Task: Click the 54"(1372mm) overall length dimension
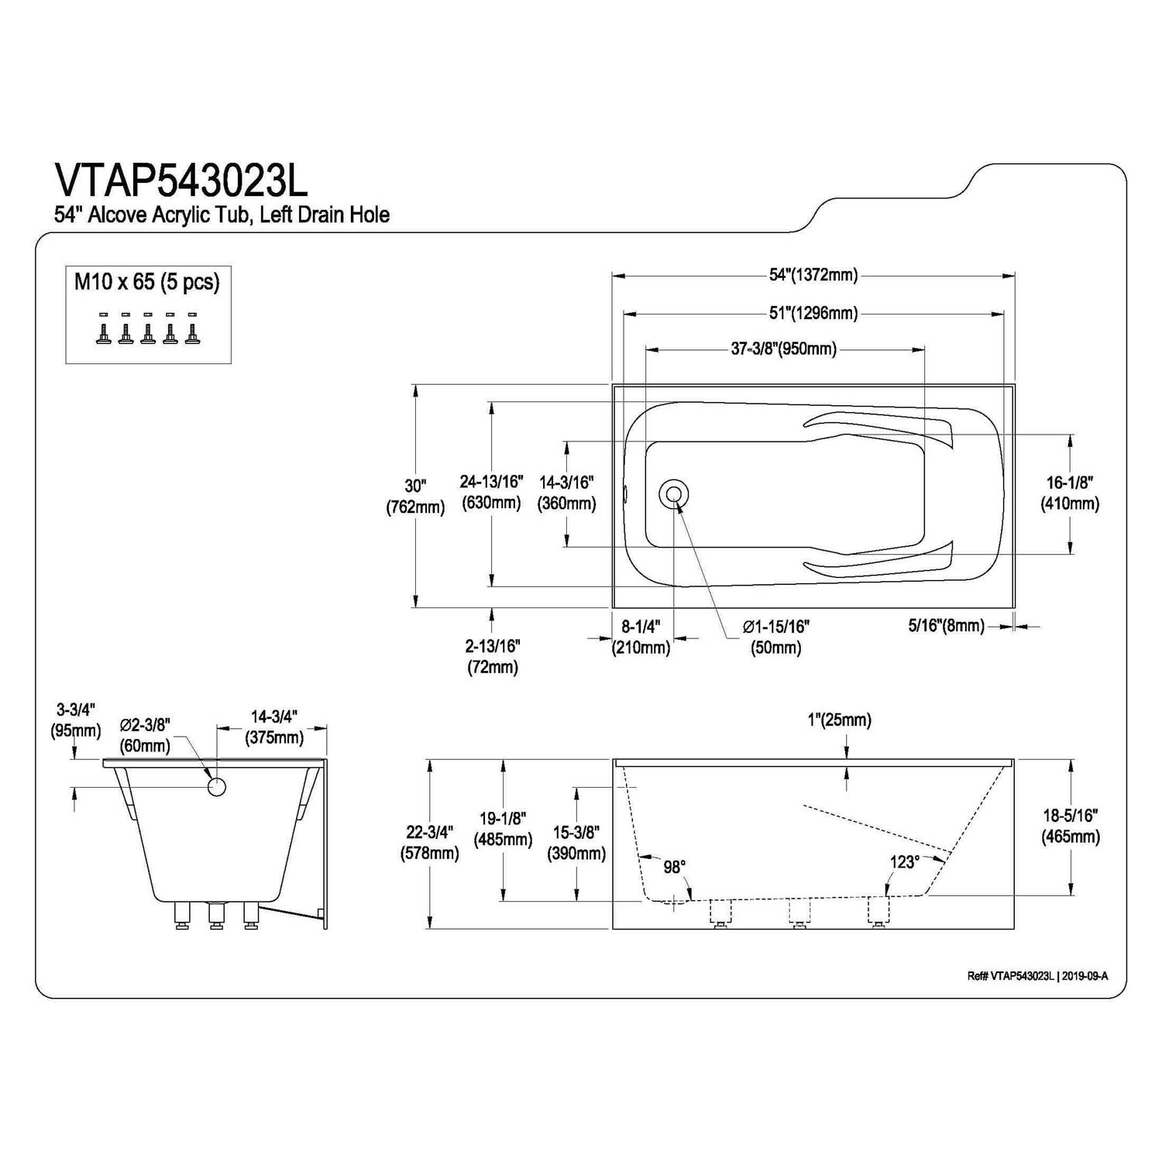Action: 813,275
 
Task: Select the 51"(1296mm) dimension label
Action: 813,314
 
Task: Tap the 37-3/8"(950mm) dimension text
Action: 784,349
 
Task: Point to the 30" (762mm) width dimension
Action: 416,497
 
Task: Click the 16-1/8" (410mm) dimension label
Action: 1070,493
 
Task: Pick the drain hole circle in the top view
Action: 672,493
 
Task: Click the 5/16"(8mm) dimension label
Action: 946,625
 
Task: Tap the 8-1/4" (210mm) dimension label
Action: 641,637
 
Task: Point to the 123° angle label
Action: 904,861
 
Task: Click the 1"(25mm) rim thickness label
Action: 839,720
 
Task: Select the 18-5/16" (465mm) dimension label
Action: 1071,826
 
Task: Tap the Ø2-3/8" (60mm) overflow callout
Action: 145,735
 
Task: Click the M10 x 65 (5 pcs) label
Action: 147,282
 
